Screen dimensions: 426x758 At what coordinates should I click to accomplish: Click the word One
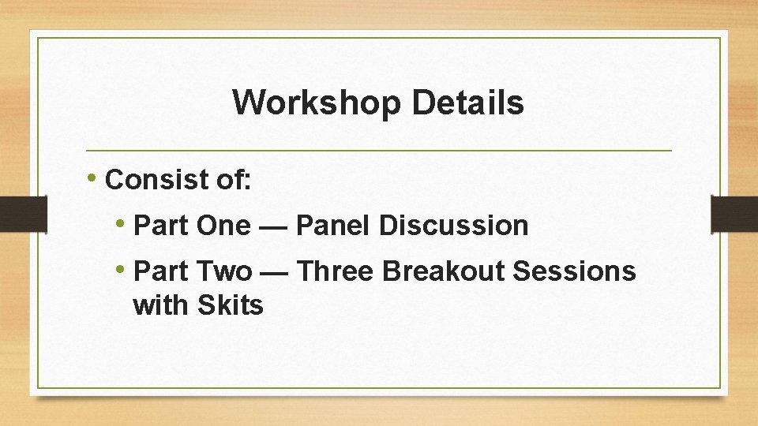pos(223,226)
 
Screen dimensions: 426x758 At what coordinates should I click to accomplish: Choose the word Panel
pos(332,226)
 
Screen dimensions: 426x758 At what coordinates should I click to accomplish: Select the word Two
pos(223,271)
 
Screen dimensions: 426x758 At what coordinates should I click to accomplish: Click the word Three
pos(337,271)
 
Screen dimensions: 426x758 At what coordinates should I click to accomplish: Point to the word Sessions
pos(574,271)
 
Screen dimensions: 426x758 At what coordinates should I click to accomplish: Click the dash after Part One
pos(272,226)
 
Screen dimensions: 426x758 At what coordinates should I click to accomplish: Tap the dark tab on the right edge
pos(734,214)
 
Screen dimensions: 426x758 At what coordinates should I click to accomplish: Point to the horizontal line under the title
pos(379,150)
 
